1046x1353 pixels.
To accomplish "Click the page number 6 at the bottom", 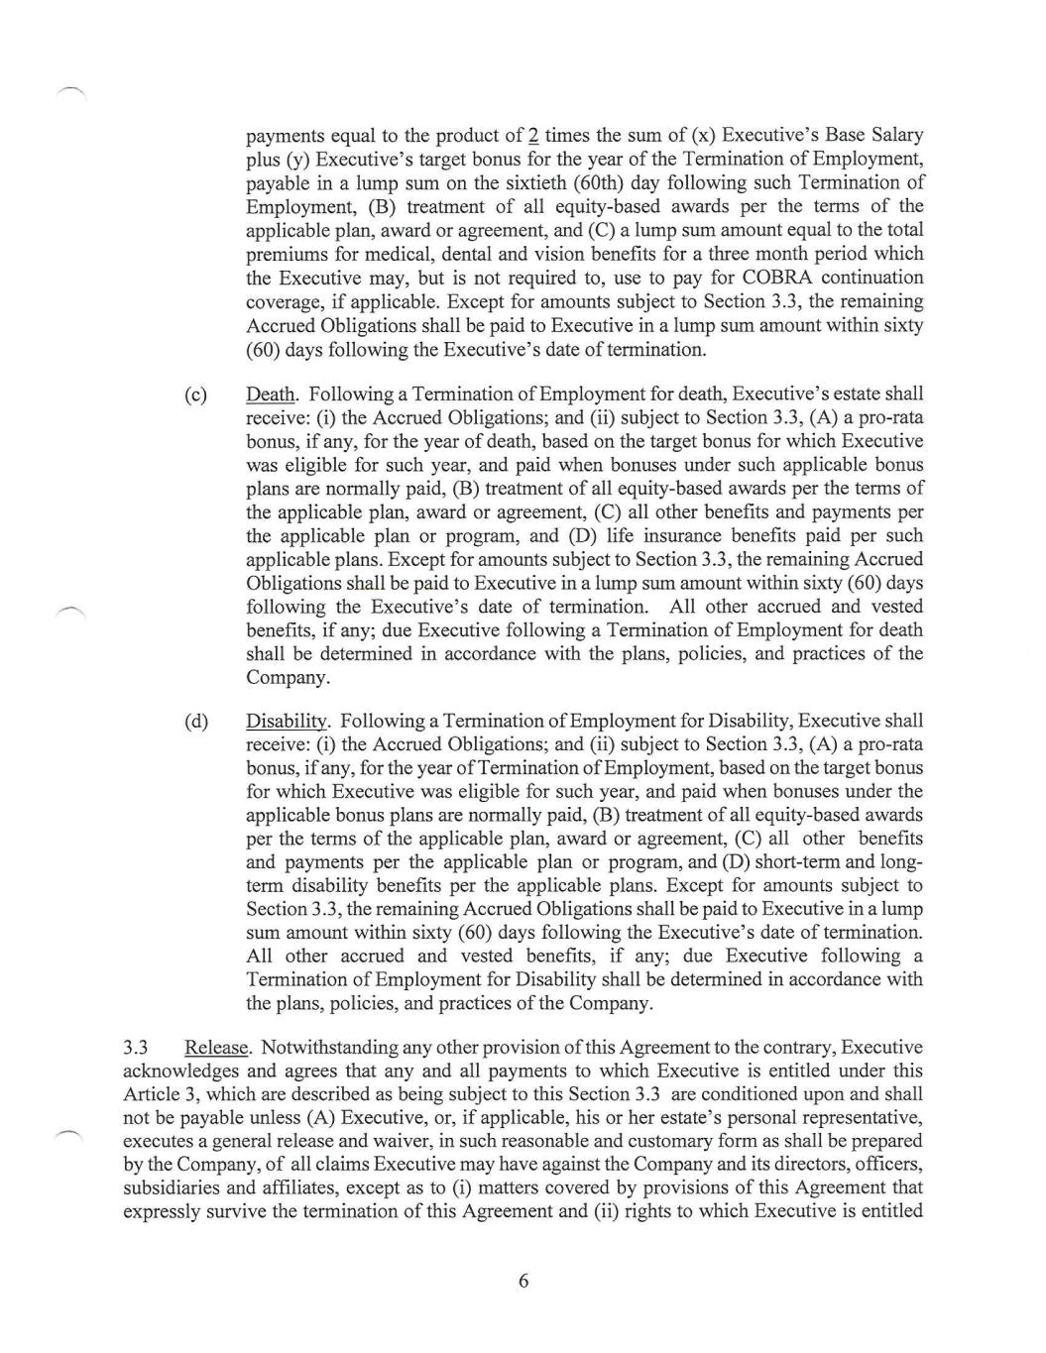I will [523, 1281].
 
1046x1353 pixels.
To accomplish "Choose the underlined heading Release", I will [217, 1048].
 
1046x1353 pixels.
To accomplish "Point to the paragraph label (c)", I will [196, 395].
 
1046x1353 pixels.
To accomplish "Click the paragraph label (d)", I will [196, 721].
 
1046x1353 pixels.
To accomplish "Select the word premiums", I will [287, 254].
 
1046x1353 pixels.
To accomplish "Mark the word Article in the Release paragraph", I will [151, 1094].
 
